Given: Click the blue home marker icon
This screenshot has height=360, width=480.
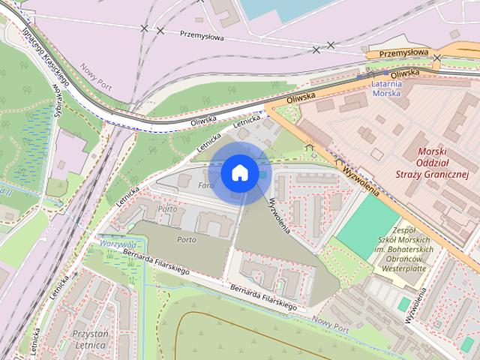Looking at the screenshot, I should tap(239, 172).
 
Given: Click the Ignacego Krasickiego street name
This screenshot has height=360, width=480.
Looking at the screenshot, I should tap(46, 56).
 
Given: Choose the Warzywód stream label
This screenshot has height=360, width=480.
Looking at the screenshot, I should tap(116, 244).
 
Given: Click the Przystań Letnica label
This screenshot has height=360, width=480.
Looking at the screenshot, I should tap(91, 339).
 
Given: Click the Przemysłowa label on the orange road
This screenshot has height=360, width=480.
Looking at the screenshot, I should tap(403, 53).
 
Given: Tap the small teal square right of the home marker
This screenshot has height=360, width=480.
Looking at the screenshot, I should tap(262, 175).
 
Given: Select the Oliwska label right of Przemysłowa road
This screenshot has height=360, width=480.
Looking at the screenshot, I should tap(404, 73).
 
